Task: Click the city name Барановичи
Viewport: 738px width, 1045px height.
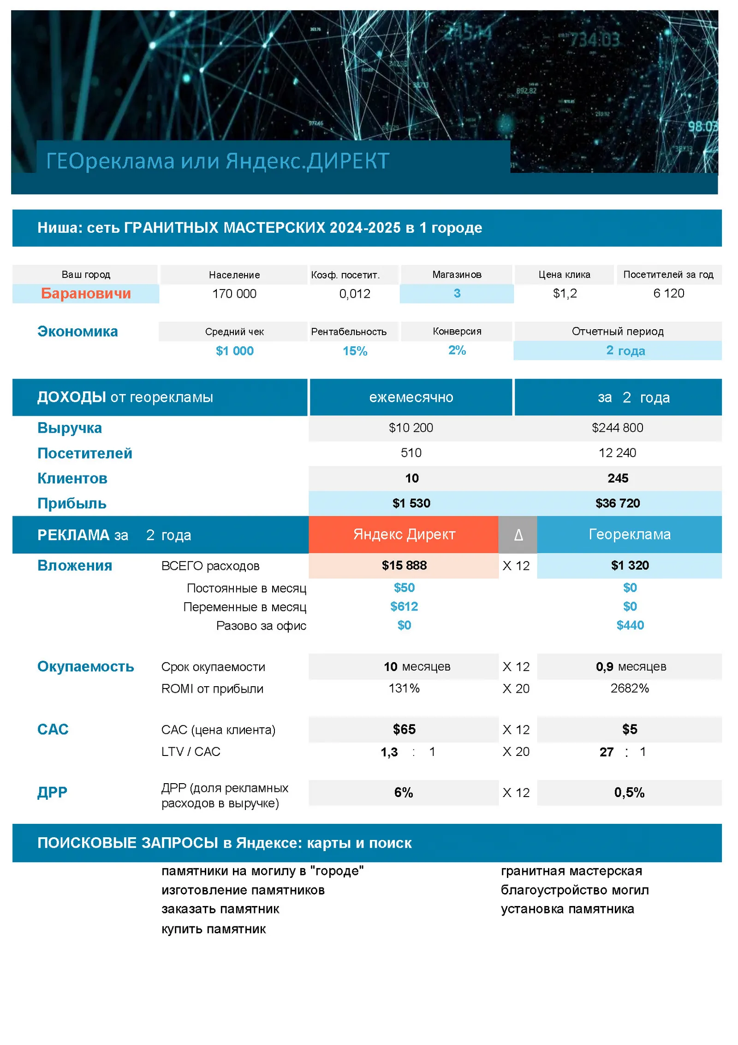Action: pos(86,293)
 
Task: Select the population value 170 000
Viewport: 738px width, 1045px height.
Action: pos(234,294)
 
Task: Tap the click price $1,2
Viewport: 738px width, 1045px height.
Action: pos(565,293)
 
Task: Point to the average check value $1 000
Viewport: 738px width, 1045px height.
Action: pos(234,351)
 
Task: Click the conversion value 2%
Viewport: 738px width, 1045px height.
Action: pos(457,350)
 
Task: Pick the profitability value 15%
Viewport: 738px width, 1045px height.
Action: pos(355,351)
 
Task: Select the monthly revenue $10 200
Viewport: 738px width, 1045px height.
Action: pos(411,428)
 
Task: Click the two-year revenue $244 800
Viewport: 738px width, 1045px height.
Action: pos(617,428)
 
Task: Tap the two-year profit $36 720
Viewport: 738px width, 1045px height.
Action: pos(617,503)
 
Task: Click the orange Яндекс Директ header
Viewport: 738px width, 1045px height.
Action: pos(404,534)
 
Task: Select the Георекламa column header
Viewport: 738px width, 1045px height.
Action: pos(629,534)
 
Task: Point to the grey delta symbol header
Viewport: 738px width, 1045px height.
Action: pos(518,535)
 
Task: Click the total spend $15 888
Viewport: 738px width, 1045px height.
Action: pos(404,565)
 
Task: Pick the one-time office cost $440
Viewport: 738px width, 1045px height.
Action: pos(630,625)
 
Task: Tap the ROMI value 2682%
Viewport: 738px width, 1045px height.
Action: pos(629,688)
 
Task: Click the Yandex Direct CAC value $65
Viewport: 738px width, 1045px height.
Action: pos(404,729)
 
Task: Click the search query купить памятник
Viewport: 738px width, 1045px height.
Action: pos(214,929)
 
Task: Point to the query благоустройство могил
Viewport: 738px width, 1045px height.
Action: pos(574,890)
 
